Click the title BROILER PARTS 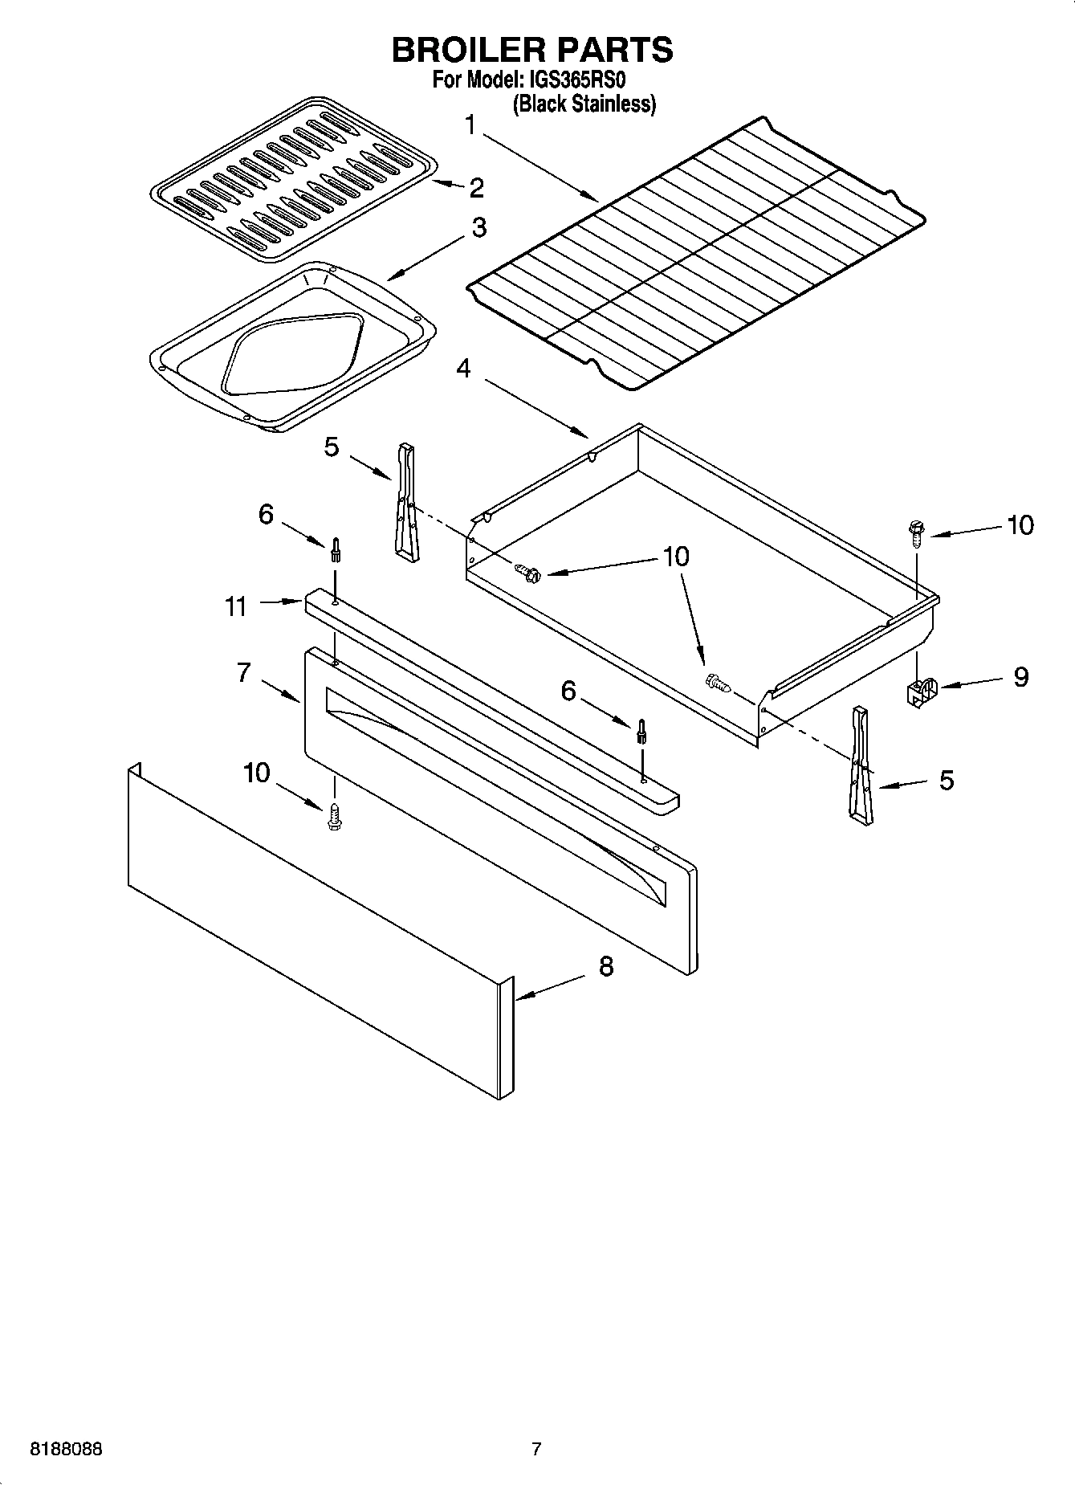(x=531, y=50)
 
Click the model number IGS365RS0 (x=576, y=80)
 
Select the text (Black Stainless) (x=584, y=104)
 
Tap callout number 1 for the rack (x=470, y=125)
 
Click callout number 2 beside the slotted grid (x=476, y=188)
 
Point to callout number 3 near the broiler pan (x=478, y=227)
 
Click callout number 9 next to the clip (x=1020, y=677)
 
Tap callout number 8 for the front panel (x=606, y=966)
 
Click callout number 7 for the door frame (x=244, y=672)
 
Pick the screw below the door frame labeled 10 (x=335, y=818)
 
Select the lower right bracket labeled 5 (x=860, y=765)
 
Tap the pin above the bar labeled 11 (x=335, y=552)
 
